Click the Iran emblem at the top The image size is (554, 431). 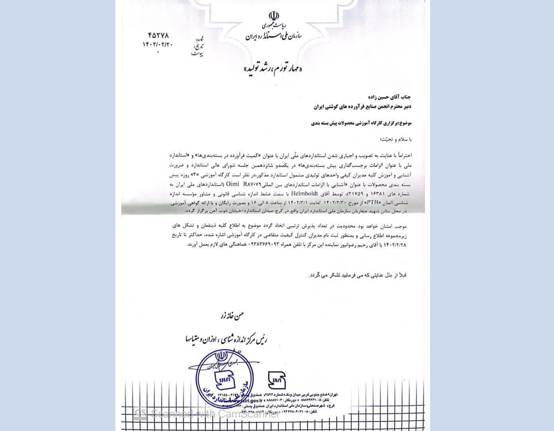tap(274, 16)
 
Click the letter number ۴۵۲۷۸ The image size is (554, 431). tap(158, 36)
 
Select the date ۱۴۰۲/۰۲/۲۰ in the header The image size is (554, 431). tap(158, 44)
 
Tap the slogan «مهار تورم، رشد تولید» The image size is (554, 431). tap(273, 69)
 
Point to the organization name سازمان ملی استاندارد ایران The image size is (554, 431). tap(273, 37)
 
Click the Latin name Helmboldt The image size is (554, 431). tap(304, 193)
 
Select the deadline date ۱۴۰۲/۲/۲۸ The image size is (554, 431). tap(395, 244)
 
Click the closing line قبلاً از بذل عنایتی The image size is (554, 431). tap(357, 275)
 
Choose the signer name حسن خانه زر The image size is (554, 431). tap(232, 316)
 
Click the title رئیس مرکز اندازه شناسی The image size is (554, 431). tap(226, 339)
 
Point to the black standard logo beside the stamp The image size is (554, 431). tap(277, 380)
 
